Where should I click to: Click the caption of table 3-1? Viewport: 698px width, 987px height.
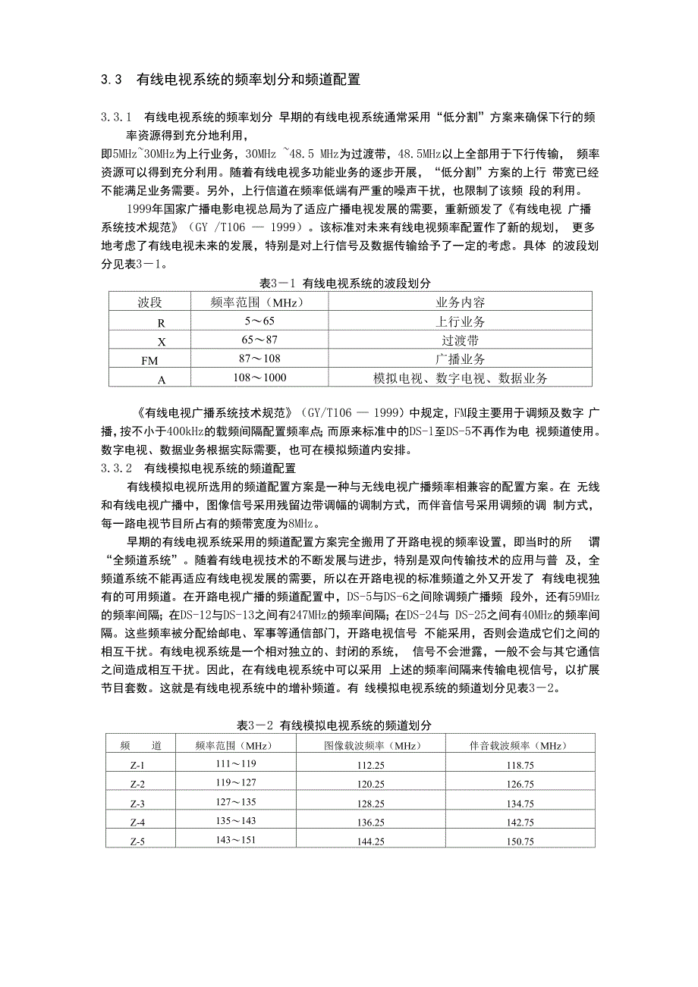(345, 283)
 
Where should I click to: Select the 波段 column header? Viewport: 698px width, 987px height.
(149, 302)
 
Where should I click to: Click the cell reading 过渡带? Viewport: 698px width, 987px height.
(461, 340)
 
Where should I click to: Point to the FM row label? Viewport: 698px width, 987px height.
(149, 360)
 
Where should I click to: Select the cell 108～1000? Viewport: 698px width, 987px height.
(259, 378)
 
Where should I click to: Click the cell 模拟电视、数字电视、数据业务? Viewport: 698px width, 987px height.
(461, 378)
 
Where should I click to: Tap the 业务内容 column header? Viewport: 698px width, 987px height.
(461, 302)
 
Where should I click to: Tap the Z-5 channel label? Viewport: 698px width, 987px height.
(137, 841)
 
